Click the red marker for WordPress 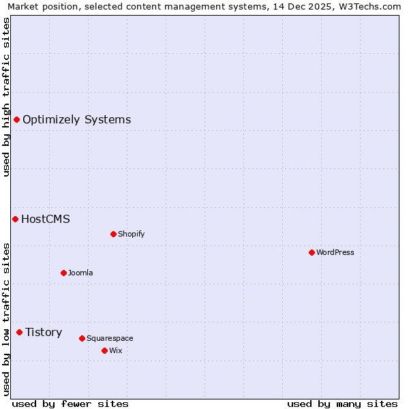[x=312, y=252]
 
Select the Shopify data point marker [x=113, y=234]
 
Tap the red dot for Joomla [x=63, y=273]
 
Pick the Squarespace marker [x=82, y=338]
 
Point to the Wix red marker [x=104, y=350]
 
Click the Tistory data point [x=19, y=332]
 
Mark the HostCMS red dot [x=15, y=219]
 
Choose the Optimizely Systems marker [x=16, y=120]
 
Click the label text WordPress [x=335, y=252]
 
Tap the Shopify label [x=132, y=234]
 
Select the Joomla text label [x=80, y=273]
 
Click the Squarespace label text [x=110, y=338]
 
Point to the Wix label [x=116, y=350]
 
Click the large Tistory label [x=44, y=332]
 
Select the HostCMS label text [x=46, y=219]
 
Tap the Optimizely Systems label [x=77, y=120]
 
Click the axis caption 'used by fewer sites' [x=70, y=404]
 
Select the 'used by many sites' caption [x=342, y=404]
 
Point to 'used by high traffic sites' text [x=6, y=97]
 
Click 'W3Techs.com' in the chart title [x=372, y=6]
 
